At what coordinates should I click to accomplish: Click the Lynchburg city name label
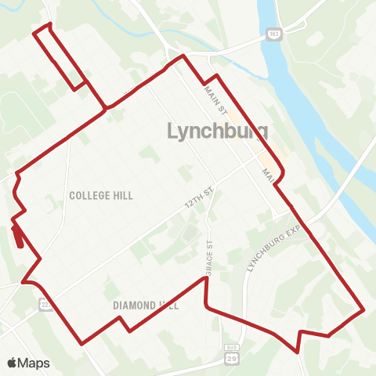pos(218,131)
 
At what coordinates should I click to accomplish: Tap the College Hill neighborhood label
pos(100,195)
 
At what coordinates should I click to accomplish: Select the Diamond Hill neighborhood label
pos(146,305)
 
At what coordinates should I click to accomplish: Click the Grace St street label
pos(209,256)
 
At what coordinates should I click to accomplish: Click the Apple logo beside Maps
pos(12,363)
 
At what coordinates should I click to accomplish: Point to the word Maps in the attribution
pos(34,363)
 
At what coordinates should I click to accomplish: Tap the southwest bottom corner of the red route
pos(82,343)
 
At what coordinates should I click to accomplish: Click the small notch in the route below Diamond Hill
pos(123,324)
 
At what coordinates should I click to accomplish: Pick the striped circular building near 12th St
pos(190,233)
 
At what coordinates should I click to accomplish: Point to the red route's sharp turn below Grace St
pos(207,306)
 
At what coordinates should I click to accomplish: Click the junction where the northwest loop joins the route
pos(105,108)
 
